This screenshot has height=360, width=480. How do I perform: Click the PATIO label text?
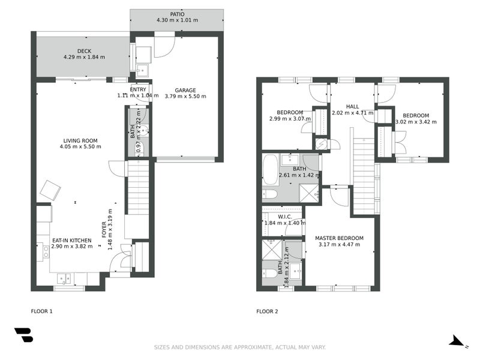177,14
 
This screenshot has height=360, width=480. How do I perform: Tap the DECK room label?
84,51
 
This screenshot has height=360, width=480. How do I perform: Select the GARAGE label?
185,89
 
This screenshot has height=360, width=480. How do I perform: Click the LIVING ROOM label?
82,140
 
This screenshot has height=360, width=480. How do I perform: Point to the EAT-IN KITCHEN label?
72,239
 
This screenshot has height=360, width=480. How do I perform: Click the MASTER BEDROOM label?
339,238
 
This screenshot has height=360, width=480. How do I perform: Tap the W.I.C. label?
285,216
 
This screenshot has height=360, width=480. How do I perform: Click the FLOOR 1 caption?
42,311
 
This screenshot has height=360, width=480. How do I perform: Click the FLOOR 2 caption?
267,311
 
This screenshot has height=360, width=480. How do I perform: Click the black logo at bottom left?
23,335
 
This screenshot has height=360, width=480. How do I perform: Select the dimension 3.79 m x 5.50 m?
185,96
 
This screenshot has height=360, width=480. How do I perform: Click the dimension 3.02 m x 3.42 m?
416,122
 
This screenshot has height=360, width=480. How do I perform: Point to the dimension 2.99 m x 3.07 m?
289,119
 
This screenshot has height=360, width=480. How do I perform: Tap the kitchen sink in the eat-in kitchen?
63,278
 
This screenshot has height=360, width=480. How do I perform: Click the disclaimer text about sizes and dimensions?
240,347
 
